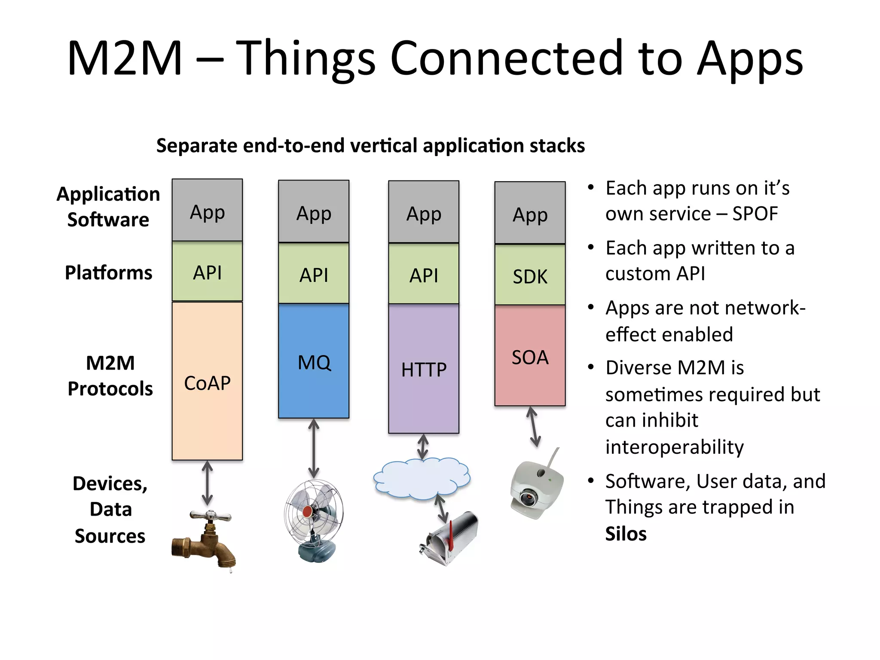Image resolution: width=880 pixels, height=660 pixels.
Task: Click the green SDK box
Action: tap(530, 275)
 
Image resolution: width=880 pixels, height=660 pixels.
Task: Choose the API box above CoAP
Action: tap(207, 272)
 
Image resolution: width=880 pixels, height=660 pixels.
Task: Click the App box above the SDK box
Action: tap(530, 214)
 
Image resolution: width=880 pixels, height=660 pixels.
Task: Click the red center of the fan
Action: tap(308, 511)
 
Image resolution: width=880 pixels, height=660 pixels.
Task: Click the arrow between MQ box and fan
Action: tap(314, 449)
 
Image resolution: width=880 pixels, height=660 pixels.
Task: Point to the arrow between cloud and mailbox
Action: tap(441, 508)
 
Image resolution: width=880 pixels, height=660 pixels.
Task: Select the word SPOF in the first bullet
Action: tap(755, 214)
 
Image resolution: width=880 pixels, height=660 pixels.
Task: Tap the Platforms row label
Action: tap(108, 273)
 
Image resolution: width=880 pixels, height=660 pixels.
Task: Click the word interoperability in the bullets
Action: tap(674, 447)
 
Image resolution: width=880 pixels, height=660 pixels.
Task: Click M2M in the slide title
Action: tap(125, 58)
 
